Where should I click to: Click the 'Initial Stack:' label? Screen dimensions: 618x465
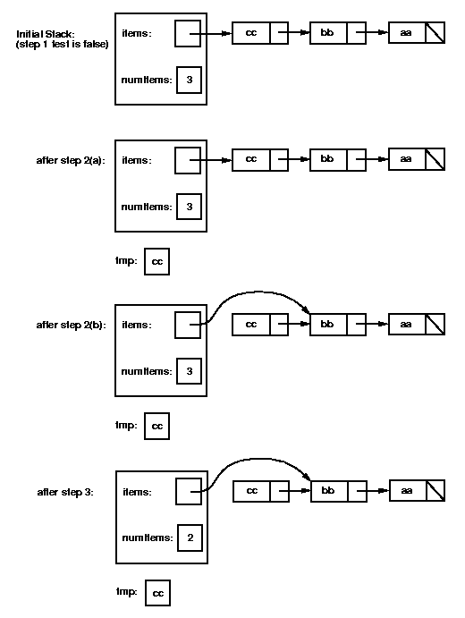click(x=46, y=34)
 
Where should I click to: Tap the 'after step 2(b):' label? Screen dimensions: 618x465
click(x=70, y=325)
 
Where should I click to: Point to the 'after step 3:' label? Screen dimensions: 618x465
click(x=65, y=491)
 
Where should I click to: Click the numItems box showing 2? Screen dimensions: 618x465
click(x=189, y=538)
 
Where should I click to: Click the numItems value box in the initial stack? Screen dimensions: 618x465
click(x=189, y=80)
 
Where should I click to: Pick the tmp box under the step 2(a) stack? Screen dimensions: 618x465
click(x=156, y=261)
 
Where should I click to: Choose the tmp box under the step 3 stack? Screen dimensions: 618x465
click(x=157, y=593)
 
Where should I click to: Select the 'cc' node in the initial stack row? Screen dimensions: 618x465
click(x=250, y=34)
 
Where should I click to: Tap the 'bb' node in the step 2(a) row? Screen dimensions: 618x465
click(x=327, y=159)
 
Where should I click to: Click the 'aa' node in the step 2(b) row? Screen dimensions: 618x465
click(x=406, y=325)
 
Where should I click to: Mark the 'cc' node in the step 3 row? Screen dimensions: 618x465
click(x=252, y=491)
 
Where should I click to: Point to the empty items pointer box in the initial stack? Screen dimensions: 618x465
click(x=188, y=34)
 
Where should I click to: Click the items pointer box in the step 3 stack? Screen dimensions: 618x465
click(x=189, y=491)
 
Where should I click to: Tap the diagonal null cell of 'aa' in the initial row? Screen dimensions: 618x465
click(x=435, y=34)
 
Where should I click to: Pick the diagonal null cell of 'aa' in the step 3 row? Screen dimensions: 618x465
click(x=435, y=491)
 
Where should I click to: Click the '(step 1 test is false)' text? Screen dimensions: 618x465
click(x=63, y=45)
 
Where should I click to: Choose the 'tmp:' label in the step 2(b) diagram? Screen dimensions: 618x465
click(x=127, y=426)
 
